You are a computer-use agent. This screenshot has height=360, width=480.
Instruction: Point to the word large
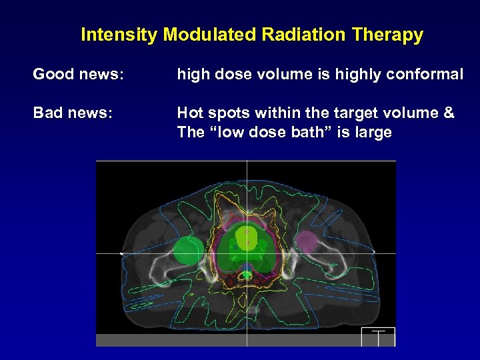373,132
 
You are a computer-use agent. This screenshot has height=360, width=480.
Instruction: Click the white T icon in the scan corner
378,336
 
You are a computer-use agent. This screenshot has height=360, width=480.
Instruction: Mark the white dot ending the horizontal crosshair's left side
121,253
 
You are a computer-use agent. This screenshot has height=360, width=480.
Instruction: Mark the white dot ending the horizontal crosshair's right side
374,252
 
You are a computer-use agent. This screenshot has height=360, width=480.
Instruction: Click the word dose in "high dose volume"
228,75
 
